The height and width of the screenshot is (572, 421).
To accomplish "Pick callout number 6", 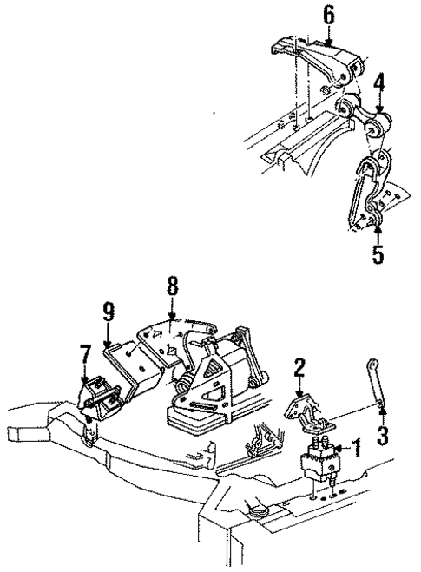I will pos(327,15).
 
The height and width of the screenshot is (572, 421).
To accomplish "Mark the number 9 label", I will pos(108,311).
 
